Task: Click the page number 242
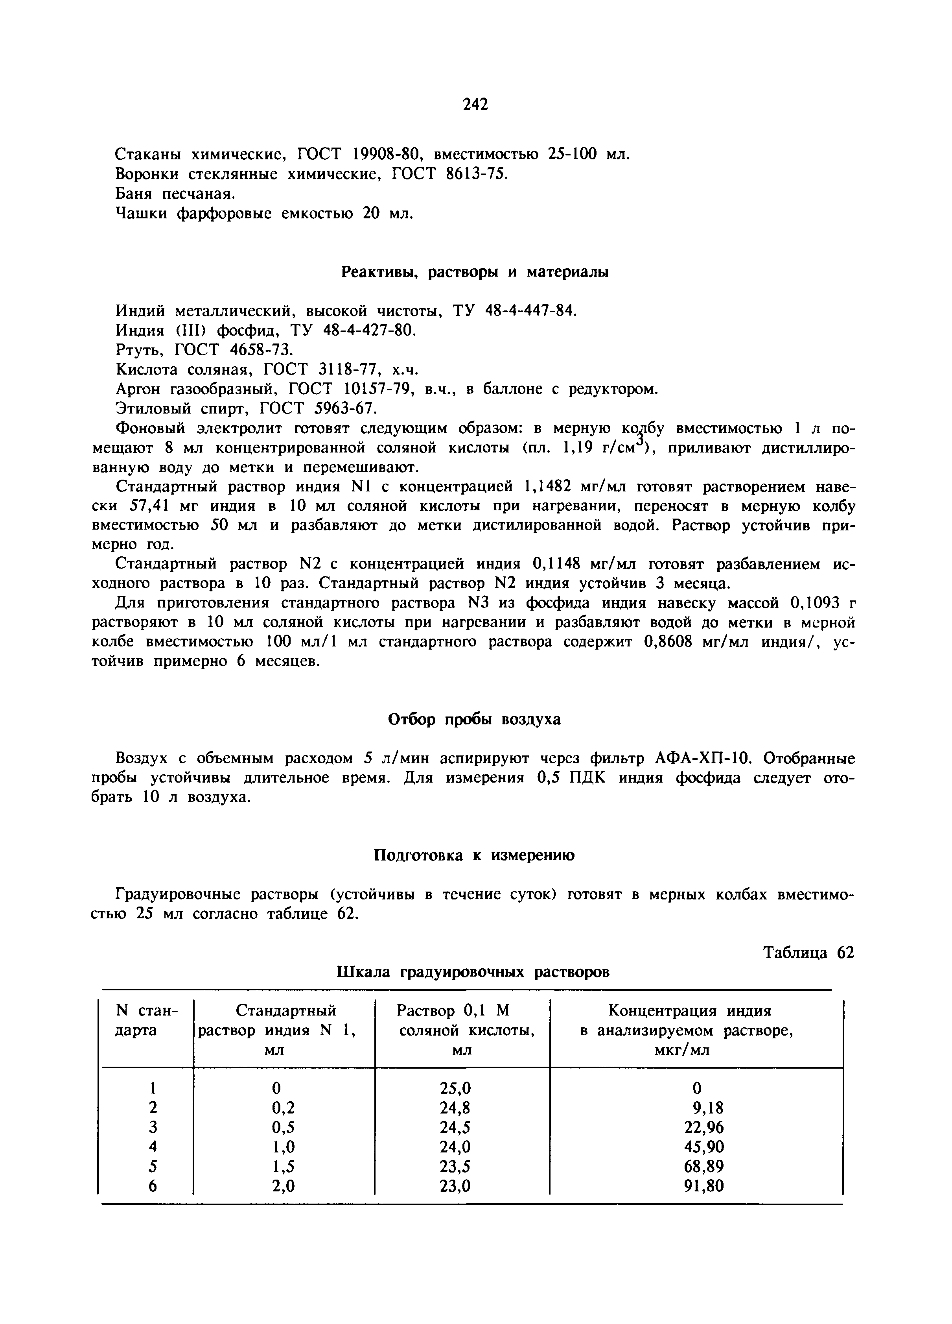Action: [475, 105]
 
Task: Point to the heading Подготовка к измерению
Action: [474, 855]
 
